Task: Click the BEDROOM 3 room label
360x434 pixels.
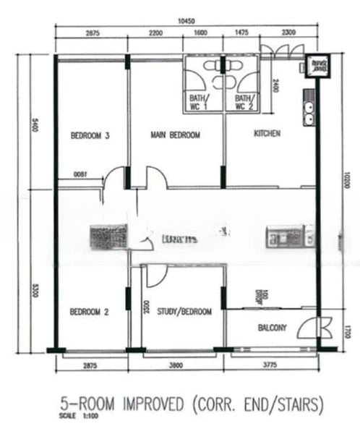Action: point(90,135)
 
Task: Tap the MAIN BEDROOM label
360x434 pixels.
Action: point(175,135)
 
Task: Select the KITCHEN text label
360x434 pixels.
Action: point(267,134)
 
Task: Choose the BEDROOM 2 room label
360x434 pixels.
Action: point(89,312)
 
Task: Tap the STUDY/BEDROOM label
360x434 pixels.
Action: point(187,312)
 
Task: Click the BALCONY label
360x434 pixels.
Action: point(272,328)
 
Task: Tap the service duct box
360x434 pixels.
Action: point(317,66)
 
